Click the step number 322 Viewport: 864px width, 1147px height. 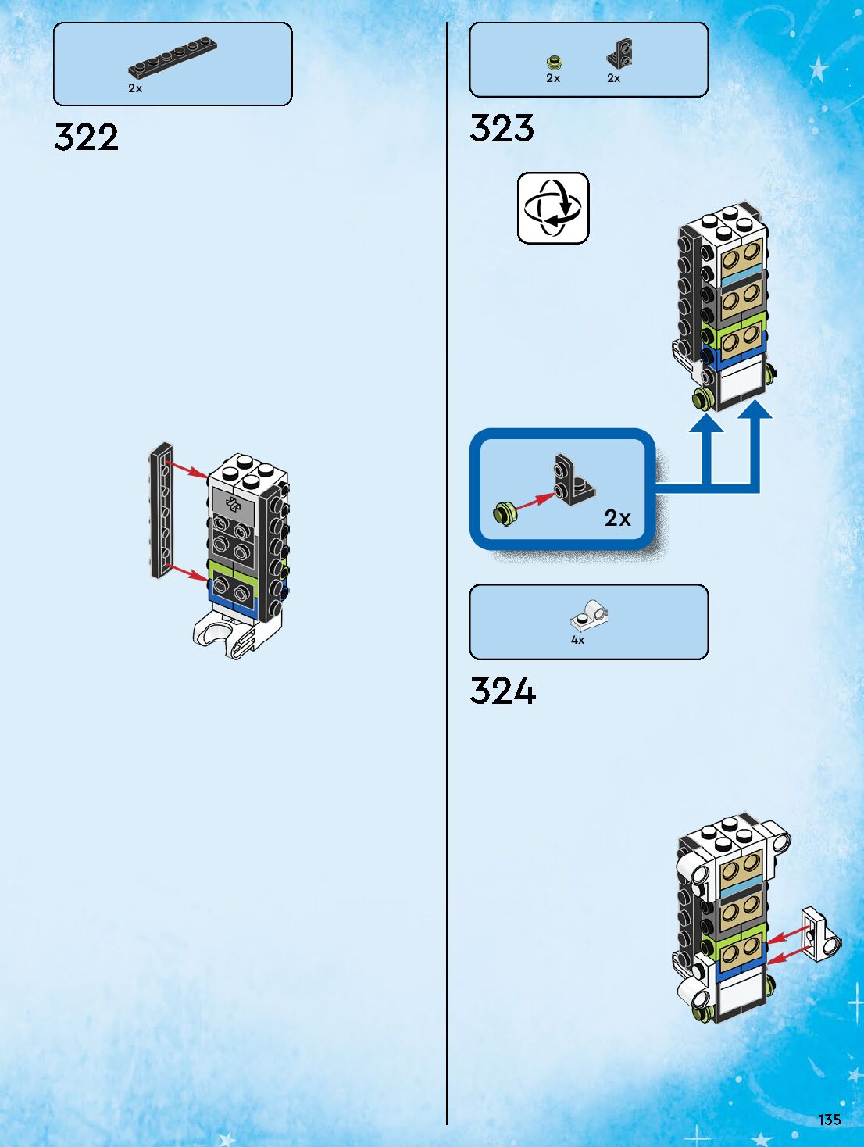(86, 138)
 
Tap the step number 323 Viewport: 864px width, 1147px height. (502, 129)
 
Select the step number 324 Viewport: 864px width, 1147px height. (502, 691)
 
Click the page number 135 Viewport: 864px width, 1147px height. (829, 1120)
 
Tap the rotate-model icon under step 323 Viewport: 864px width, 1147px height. (553, 208)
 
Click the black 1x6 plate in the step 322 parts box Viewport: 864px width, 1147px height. (173, 58)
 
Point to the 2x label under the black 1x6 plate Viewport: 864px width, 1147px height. (135, 88)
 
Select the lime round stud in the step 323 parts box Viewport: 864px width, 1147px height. (554, 61)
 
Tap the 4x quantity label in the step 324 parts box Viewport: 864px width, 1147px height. (577, 640)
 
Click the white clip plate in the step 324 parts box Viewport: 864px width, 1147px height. (589, 616)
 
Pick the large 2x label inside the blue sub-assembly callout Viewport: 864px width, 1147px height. (617, 518)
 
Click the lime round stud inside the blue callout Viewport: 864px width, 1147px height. (505, 513)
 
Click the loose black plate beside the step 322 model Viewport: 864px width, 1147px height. (162, 511)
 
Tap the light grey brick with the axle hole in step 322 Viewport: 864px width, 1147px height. (233, 504)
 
